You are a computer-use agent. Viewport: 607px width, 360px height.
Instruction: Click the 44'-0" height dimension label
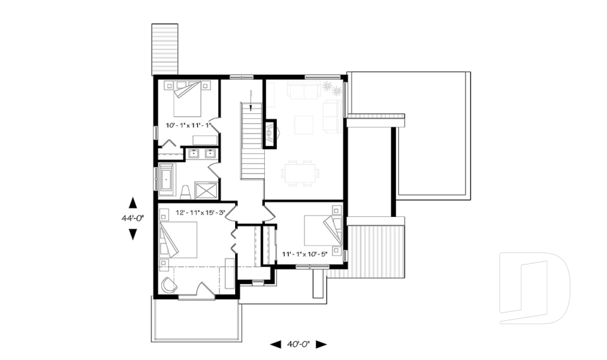133,218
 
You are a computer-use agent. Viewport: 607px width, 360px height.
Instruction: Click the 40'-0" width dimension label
298,344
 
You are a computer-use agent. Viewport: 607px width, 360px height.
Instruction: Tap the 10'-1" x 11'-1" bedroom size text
188,125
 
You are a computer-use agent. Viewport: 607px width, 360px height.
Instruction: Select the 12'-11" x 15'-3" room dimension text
200,213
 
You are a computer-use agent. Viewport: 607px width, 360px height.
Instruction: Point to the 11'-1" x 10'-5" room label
305,254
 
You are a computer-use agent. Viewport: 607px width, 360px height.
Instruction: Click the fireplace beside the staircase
270,133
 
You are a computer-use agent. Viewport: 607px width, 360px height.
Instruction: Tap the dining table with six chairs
300,173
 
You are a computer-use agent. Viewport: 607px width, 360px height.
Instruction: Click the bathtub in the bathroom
167,178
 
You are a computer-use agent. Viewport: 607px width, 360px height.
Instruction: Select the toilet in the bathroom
186,192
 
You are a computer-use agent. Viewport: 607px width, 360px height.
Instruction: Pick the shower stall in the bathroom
206,190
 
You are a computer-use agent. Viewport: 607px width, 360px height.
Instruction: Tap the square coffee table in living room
304,125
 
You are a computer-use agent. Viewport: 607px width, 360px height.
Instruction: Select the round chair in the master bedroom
169,285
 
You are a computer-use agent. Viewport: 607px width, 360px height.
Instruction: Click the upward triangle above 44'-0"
133,202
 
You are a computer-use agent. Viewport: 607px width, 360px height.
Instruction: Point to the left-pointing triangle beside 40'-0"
276,344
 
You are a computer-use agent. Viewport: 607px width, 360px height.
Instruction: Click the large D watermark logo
534,288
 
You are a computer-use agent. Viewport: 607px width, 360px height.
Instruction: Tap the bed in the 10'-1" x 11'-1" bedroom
187,99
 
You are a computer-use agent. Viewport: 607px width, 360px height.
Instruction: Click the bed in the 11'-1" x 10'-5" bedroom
323,230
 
